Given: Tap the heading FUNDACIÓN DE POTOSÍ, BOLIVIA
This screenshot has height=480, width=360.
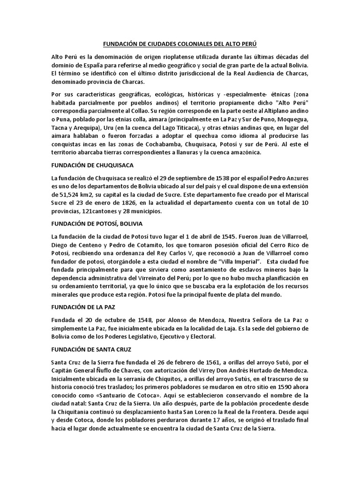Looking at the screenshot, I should (x=97, y=223).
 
